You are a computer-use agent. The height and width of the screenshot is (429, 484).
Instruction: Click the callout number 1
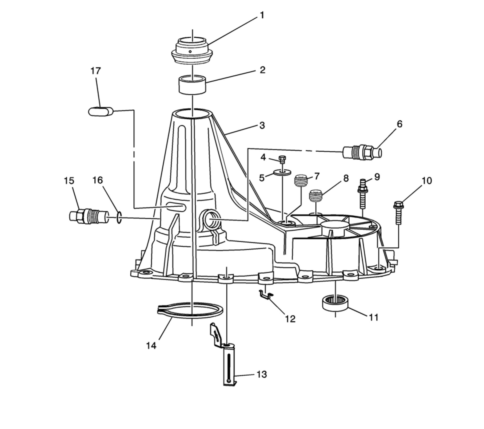[262, 15]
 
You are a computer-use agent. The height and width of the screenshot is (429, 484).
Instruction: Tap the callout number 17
[96, 71]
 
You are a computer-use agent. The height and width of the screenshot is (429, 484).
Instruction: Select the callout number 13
[262, 375]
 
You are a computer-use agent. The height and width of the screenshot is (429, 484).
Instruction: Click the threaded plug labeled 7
[301, 180]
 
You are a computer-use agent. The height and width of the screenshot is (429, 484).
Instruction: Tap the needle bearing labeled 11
[335, 303]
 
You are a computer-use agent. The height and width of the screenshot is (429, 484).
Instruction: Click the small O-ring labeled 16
[119, 218]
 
